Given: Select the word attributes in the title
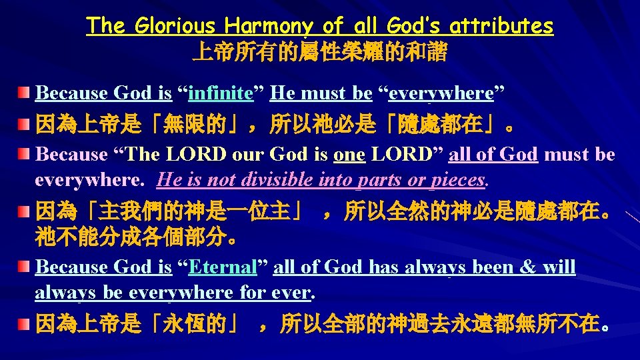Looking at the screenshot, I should (x=501, y=26).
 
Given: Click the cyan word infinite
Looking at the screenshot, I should (x=221, y=93).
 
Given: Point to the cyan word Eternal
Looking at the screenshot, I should (x=223, y=267).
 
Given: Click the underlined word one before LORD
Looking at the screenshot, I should (x=349, y=154).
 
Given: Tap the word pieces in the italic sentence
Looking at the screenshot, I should (x=457, y=180).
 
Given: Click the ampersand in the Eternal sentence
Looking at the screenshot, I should (x=527, y=267).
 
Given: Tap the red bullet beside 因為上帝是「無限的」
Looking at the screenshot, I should (x=25, y=123).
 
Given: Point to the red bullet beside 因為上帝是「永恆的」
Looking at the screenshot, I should (x=25, y=325).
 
